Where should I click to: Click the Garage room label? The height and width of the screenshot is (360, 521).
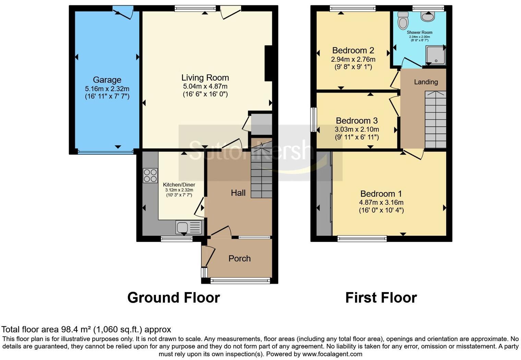coord(107,80)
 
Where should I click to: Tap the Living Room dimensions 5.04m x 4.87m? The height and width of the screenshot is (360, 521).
coord(205,86)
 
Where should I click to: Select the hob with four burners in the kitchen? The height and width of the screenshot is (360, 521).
coord(150,175)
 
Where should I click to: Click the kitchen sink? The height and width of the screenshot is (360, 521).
coord(189,227)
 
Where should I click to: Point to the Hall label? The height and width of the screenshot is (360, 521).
coord(238,193)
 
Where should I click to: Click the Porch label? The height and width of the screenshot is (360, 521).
coord(240,259)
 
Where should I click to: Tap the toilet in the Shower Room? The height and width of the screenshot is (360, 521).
coord(403,22)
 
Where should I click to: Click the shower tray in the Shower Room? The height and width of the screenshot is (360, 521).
coord(435,55)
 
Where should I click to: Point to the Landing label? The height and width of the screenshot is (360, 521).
coord(426,82)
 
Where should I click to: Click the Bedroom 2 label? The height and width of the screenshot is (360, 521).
coord(353,50)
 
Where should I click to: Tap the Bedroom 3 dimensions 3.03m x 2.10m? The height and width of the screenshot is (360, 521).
coord(356,130)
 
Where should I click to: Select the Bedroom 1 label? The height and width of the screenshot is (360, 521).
coord(381,194)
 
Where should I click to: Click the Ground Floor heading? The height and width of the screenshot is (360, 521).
coord(173,298)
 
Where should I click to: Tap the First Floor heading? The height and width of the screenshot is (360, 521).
coord(381,298)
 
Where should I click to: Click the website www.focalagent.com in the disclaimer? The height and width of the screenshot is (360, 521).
coord(332,354)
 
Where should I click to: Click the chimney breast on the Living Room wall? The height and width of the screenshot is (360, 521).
coord(268,64)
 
